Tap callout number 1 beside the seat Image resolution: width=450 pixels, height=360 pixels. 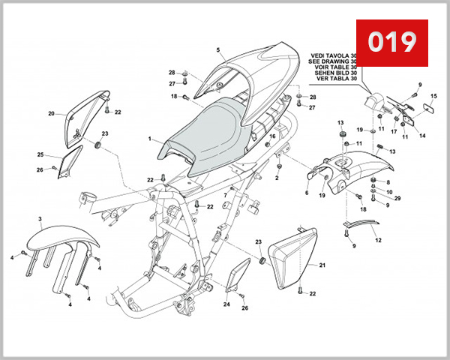click(150, 139)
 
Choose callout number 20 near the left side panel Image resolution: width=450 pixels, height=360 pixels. click(52, 114)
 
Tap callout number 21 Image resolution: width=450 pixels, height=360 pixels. click(322, 266)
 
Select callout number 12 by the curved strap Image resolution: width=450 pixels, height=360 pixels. click(378, 240)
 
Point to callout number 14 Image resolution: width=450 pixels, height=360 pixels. click(422, 136)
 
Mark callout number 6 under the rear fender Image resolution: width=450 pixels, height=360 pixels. click(307, 193)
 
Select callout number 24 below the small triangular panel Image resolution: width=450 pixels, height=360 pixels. click(226, 304)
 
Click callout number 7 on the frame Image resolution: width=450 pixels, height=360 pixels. click(223, 195)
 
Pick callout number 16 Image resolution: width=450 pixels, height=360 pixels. click(273, 136)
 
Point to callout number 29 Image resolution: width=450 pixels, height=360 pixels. click(397, 198)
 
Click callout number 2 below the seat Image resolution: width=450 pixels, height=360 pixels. click(277, 178)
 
